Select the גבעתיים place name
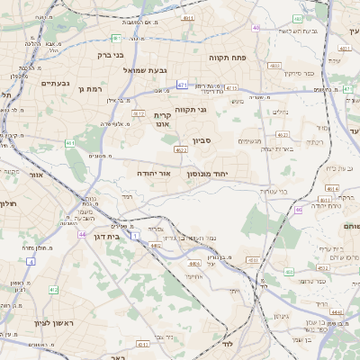(x=56, y=84)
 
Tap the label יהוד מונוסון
(x=208, y=173)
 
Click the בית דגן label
(x=105, y=234)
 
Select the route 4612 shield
(x=139, y=113)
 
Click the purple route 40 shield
(x=256, y=28)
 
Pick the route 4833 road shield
(x=274, y=66)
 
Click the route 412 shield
(x=54, y=289)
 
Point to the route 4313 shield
(x=232, y=88)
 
